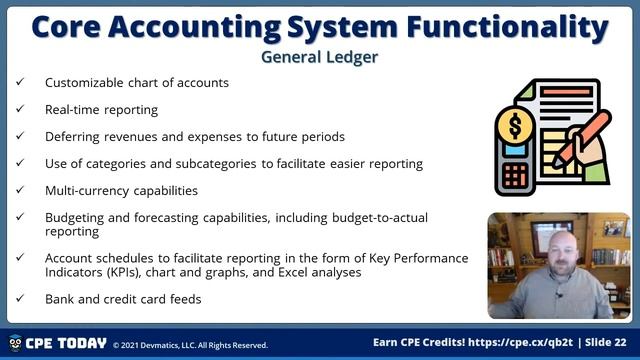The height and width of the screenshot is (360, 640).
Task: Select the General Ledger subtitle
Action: pos(319,57)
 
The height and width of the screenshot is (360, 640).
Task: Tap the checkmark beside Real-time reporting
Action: pos(20,109)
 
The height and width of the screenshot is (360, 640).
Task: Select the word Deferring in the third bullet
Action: pos(71,136)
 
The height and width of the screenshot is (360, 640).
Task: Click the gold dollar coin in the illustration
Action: pos(515,126)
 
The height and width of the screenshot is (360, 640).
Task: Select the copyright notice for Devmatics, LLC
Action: pos(190,345)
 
